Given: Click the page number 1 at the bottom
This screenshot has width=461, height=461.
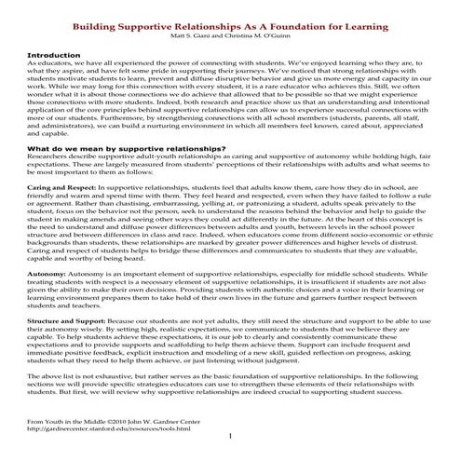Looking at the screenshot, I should [230, 438].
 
